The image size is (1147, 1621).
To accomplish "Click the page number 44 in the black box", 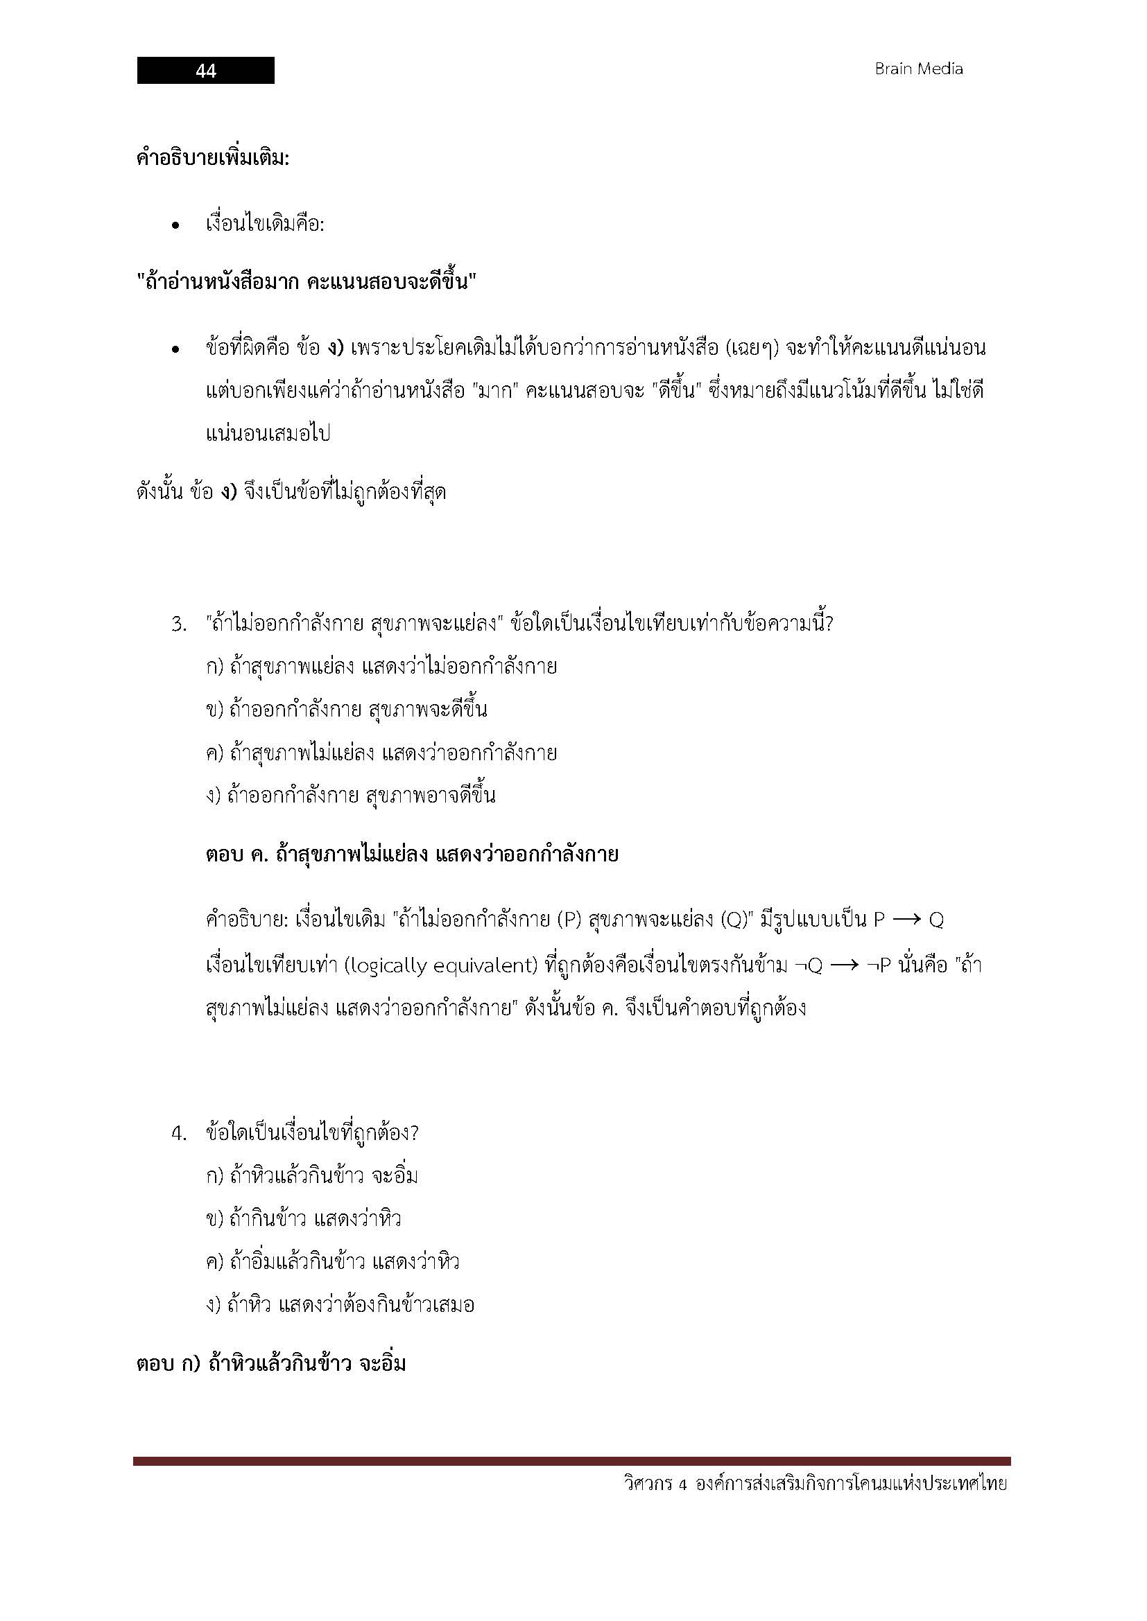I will (x=205, y=71).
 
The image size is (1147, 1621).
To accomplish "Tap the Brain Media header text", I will (x=918, y=69).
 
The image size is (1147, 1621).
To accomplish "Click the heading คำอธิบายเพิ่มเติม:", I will (x=213, y=157).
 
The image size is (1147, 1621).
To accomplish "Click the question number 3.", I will (x=178, y=624).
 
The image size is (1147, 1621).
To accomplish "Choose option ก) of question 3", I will (x=381, y=667).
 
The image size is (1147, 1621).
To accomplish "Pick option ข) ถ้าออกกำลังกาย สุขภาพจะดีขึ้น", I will (x=346, y=710).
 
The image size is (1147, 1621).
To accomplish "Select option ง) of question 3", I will (x=350, y=796).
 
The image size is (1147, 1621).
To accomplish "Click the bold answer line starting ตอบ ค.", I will (x=412, y=855).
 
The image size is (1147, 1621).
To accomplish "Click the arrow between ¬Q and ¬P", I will (x=844, y=965).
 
